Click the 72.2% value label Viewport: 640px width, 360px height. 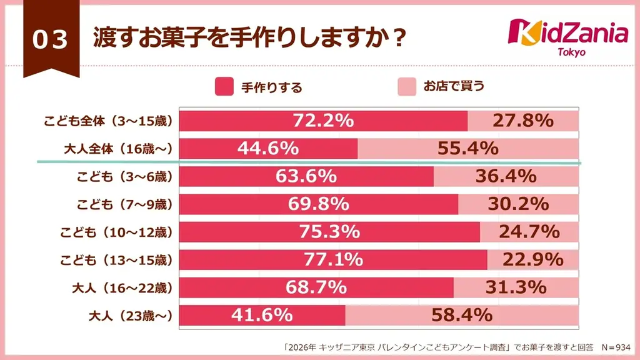click(324, 121)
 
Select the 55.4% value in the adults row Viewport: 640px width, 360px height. click(467, 148)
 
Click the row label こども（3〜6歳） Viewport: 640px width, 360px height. click(124, 177)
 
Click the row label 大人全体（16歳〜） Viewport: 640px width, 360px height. click(117, 149)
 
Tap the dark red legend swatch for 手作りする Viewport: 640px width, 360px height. click(224, 87)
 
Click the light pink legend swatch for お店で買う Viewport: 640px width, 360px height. click(407, 87)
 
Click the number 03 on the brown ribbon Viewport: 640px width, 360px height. click(50, 40)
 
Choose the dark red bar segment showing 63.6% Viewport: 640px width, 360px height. click(306, 177)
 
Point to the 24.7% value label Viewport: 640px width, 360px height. click(528, 232)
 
